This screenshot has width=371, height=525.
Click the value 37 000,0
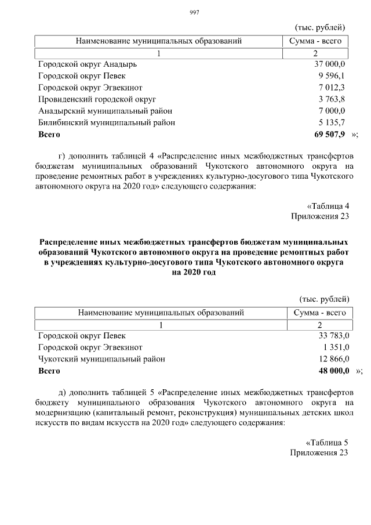pyautogui.click(x=330, y=64)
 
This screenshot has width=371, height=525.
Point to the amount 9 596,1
pyautogui.click(x=332, y=75)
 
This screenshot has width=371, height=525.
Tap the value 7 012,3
pyautogui.click(x=332, y=87)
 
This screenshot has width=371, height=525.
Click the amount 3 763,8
pyautogui.click(x=332, y=99)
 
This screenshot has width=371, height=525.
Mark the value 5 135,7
pyautogui.click(x=332, y=122)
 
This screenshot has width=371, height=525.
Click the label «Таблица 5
pyautogui.click(x=327, y=442)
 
